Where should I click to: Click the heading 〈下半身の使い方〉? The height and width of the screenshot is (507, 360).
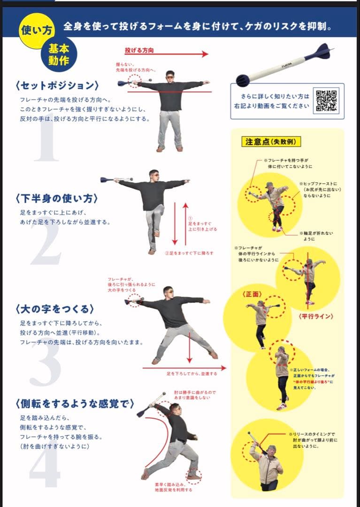(x=56, y=198)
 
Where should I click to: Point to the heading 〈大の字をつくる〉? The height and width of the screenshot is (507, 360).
(x=54, y=309)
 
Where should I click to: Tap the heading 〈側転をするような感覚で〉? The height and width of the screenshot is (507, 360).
(x=75, y=403)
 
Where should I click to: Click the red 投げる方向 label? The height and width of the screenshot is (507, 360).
(x=139, y=50)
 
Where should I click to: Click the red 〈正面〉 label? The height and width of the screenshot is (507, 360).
(x=252, y=294)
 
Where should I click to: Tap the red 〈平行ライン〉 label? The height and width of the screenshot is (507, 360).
(x=315, y=316)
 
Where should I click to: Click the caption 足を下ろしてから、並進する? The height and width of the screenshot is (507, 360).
(x=191, y=374)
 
